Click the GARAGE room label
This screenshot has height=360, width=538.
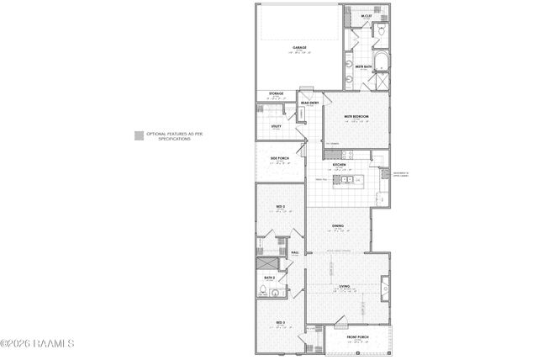coord(299,47)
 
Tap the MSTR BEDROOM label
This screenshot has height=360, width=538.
coord(356,117)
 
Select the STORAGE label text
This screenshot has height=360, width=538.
coord(276,93)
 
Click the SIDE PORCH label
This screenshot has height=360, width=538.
coord(280,157)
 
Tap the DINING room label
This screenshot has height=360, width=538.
coord(337,226)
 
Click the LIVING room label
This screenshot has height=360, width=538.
coord(345,287)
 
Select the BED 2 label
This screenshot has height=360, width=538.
coord(281,207)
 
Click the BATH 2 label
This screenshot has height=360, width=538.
coord(270,278)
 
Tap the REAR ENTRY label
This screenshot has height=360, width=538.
coord(309,103)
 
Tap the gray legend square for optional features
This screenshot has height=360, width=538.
coord(138,134)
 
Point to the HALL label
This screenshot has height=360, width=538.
coord(295,252)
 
